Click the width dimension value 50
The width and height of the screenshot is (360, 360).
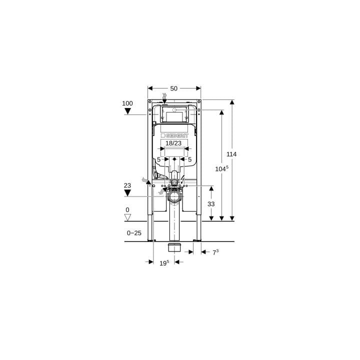[174, 88]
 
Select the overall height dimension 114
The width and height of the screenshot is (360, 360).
[231, 154]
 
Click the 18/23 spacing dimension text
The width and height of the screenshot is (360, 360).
[173, 143]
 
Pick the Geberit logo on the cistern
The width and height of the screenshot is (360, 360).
[174, 135]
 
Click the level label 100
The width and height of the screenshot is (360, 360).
[127, 103]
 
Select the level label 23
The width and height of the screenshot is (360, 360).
[127, 185]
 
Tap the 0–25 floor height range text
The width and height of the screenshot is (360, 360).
[134, 233]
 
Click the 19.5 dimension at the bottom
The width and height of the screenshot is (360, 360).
[164, 262]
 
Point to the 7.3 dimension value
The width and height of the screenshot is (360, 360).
[215, 252]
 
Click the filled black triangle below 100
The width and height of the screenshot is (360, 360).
[127, 111]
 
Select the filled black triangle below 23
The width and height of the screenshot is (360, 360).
[127, 192]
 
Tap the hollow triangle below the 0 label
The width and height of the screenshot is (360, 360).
[127, 217]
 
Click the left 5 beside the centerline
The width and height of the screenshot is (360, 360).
[158, 159]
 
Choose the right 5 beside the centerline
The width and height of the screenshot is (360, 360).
[189, 159]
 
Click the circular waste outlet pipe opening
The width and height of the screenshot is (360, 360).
[174, 196]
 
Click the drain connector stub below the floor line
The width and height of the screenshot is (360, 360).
[174, 248]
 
